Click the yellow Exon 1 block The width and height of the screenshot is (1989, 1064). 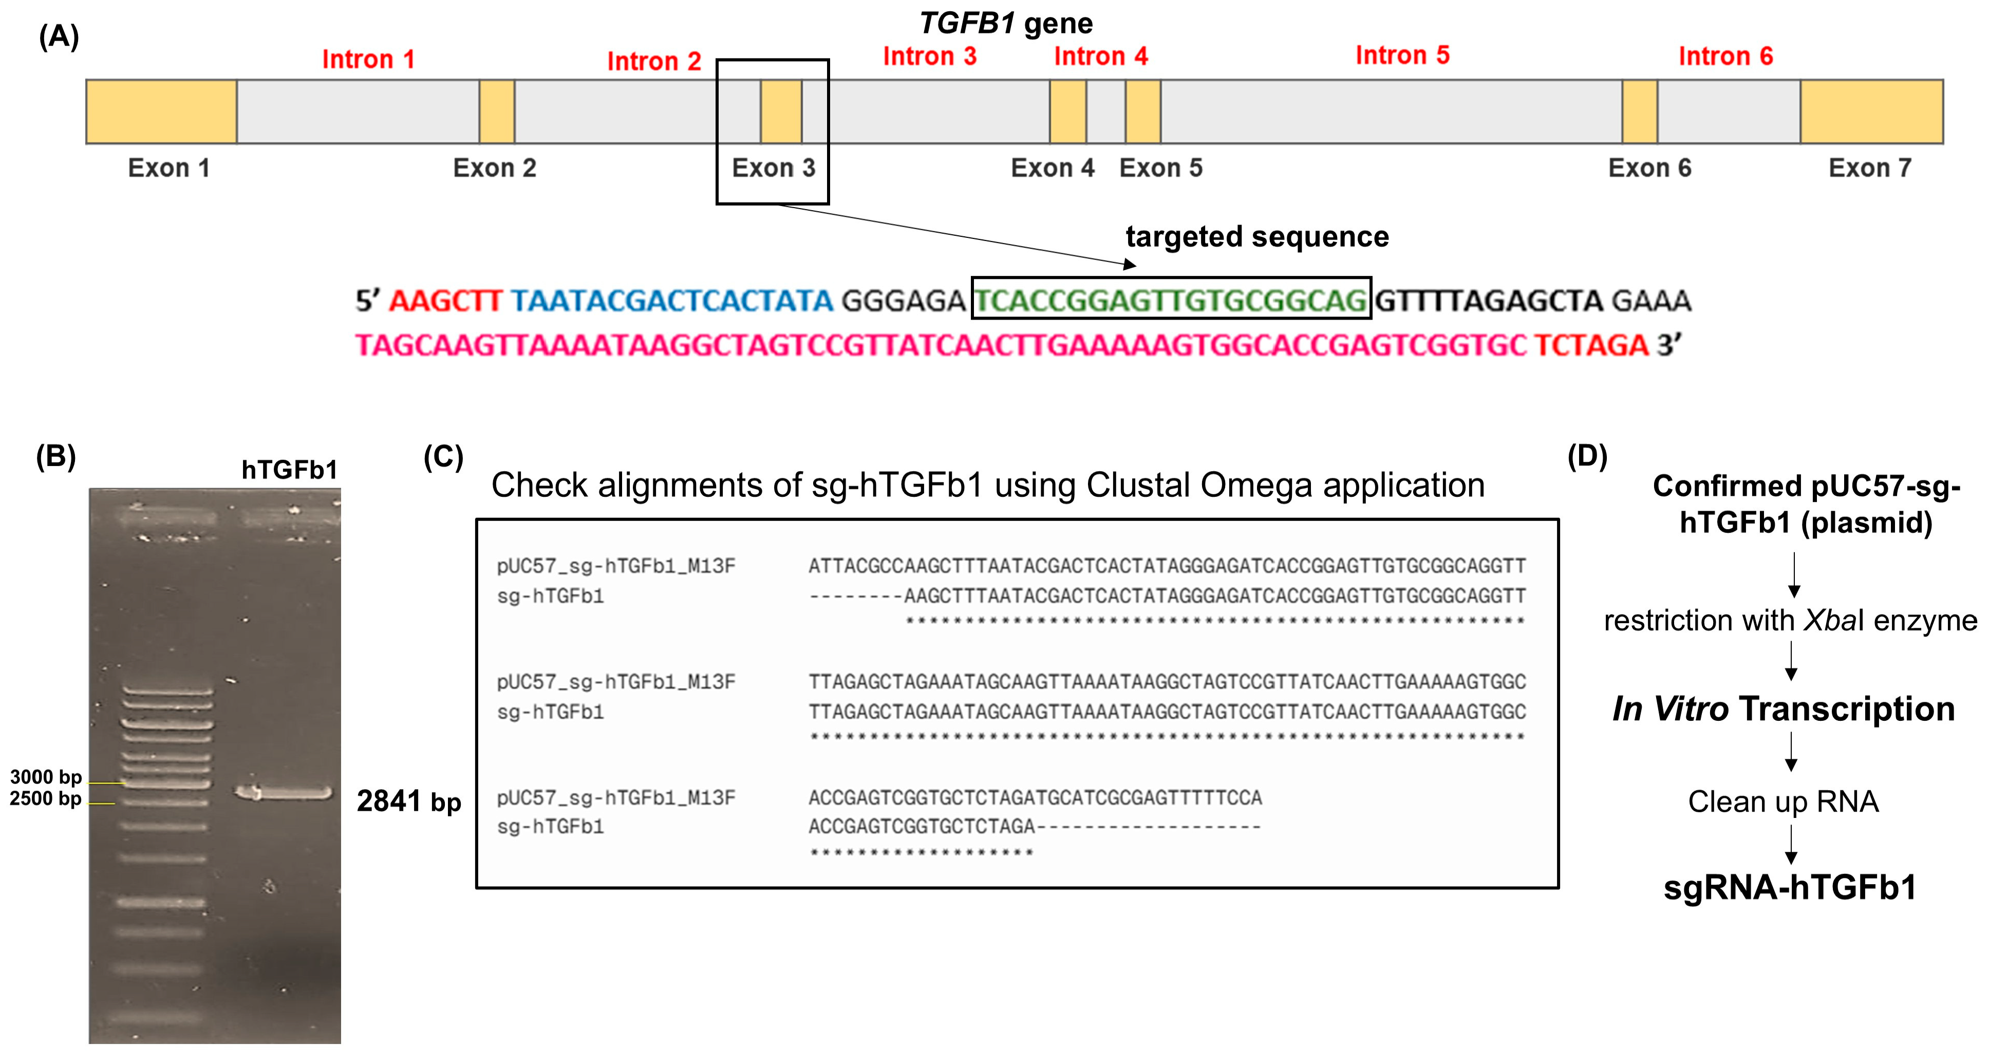tap(161, 111)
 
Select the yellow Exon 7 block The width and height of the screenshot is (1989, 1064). tap(1871, 111)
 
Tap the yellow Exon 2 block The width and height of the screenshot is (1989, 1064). tap(496, 111)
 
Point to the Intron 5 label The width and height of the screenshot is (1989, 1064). tap(1402, 55)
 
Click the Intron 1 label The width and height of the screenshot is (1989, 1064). tap(368, 60)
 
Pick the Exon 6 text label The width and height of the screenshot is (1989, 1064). tap(1649, 167)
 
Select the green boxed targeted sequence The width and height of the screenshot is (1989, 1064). tap(1171, 300)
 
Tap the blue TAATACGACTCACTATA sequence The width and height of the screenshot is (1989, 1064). tap(672, 301)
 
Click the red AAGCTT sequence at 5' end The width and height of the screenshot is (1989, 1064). tap(445, 301)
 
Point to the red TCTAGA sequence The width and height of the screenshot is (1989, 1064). tap(1590, 344)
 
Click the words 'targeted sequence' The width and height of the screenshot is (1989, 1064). tap(1257, 236)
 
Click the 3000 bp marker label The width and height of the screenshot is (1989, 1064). tap(46, 777)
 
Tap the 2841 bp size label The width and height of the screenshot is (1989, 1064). tap(408, 801)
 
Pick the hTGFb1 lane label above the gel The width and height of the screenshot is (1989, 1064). tap(290, 470)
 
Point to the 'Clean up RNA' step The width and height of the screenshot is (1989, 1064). tap(1783, 801)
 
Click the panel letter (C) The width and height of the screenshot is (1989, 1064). tap(443, 457)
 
